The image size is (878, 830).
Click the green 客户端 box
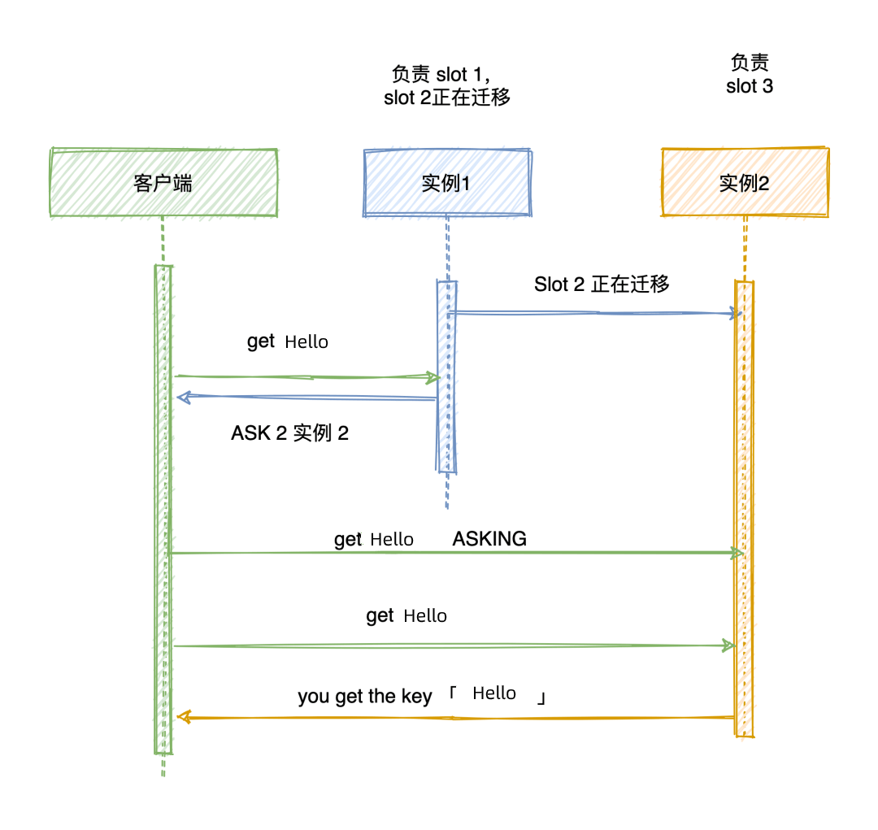[163, 183]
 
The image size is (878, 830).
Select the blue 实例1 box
[446, 183]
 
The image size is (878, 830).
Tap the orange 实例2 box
[745, 183]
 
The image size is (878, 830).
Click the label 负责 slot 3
[750, 74]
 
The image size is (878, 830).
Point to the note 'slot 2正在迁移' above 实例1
[447, 98]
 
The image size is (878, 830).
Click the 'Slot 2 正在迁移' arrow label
[602, 284]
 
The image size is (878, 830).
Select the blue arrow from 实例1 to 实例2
[593, 312]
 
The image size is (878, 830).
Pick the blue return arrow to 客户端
[309, 398]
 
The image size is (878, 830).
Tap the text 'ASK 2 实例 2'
[289, 433]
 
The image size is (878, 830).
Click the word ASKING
[489, 538]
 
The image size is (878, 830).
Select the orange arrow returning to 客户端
[455, 718]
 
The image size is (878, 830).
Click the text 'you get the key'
[365, 697]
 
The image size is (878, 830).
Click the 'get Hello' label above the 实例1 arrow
[288, 341]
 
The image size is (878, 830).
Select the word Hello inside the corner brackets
[494, 693]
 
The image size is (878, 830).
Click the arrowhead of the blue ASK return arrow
[182, 398]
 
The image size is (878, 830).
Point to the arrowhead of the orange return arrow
[182, 717]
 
